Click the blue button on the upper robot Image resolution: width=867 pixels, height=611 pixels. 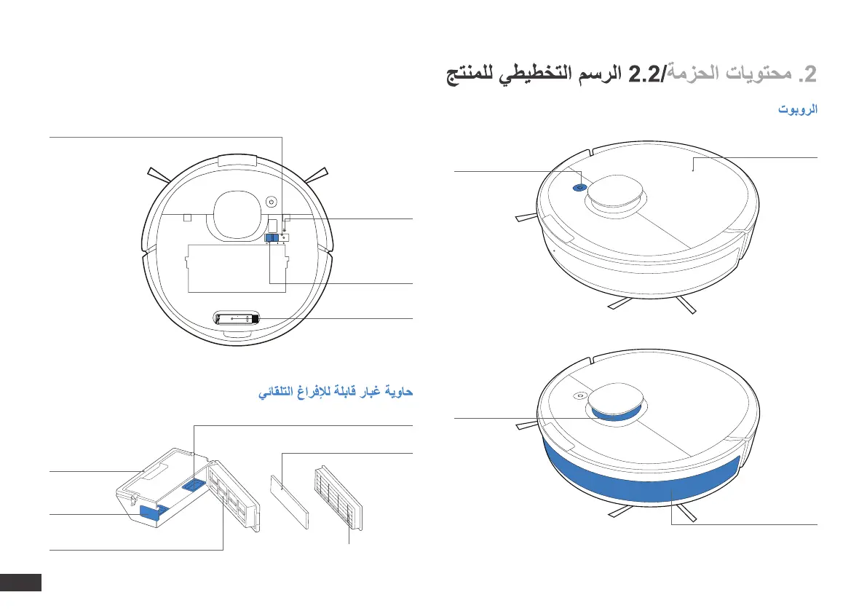[579, 186]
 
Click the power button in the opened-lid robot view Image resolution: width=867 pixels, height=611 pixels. [271, 202]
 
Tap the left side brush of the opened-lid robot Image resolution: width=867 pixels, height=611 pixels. [159, 176]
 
